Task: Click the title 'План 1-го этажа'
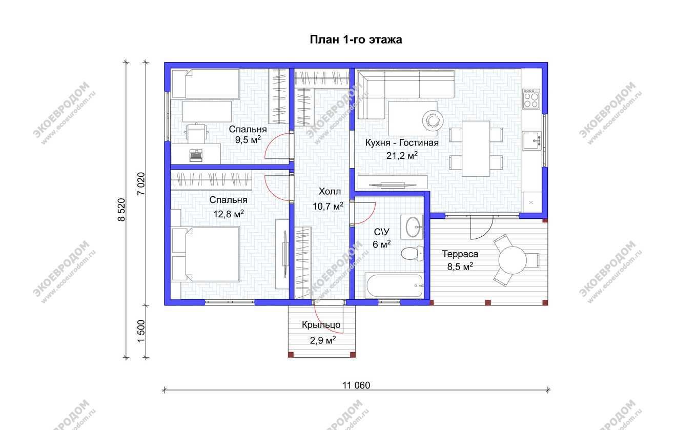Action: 356,40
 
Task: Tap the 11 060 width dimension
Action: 356,385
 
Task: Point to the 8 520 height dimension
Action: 121,210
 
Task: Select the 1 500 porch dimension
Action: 141,331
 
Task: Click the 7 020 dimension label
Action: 141,183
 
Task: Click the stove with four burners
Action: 531,99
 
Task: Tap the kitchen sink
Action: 532,140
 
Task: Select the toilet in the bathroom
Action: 412,254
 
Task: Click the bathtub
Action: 395,285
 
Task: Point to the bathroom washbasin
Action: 412,227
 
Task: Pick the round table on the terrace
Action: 512,260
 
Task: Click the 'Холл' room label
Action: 330,192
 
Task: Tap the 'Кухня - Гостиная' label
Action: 402,143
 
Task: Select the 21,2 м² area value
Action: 402,155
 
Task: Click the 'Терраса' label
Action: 460,254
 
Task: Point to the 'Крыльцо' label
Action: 321,325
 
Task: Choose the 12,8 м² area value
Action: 229,214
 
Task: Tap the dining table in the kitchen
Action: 476,149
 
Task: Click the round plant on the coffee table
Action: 433,120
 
